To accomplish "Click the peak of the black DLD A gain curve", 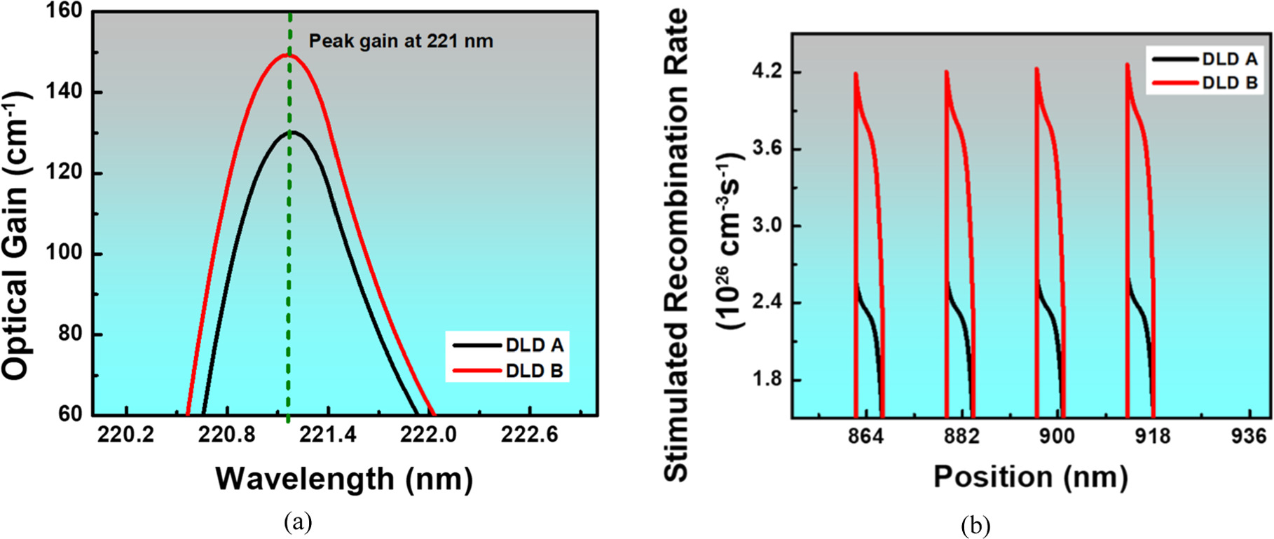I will (x=292, y=131).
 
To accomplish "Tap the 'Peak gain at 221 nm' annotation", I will (x=401, y=41).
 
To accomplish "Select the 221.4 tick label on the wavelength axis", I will (x=327, y=435).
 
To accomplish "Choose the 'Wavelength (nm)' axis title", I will (x=344, y=479).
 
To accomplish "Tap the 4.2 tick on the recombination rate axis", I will (x=767, y=73).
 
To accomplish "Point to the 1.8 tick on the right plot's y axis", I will (x=767, y=380).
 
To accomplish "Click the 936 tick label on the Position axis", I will (x=1249, y=436).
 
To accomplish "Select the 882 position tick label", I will (x=961, y=436).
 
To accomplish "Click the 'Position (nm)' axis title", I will (x=1030, y=477).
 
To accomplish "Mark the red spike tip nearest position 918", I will (x=1128, y=64).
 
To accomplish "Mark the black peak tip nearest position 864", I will (x=857, y=284).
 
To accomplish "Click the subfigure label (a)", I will (x=298, y=521).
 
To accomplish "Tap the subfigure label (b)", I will (x=975, y=524).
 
